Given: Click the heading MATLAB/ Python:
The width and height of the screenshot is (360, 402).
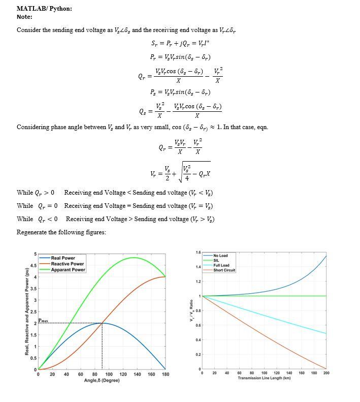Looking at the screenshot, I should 44,9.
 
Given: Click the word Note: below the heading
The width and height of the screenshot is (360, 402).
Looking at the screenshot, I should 24,17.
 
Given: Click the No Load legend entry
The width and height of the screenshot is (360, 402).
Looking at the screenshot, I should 220,256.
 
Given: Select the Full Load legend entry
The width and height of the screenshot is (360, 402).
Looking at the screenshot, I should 221,265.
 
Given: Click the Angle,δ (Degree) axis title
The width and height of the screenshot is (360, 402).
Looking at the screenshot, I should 101,381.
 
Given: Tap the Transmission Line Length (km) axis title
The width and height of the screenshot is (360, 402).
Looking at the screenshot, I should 264,378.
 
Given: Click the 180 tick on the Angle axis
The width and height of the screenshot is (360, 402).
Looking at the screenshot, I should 165,374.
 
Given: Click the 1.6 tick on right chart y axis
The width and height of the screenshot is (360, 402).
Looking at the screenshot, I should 198,253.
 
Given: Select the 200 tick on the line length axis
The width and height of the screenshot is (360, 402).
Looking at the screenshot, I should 326,373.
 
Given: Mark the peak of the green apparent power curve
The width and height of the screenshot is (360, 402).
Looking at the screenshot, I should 134,258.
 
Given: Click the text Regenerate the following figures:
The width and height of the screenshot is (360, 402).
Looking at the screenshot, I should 61,232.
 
